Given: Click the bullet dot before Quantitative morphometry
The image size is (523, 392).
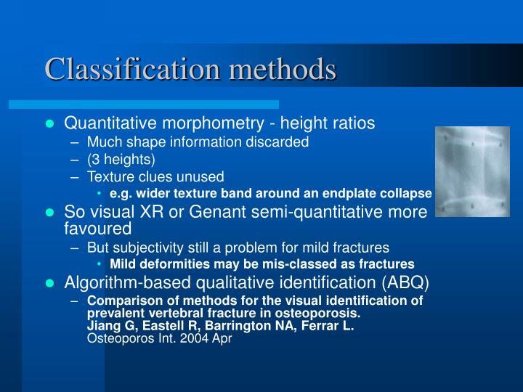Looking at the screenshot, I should pos(50,124).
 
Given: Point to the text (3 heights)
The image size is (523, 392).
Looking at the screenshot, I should pos(121,159).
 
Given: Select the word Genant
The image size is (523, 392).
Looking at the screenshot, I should pos(213,212).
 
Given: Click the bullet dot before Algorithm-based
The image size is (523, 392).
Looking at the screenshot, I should pos(50,282).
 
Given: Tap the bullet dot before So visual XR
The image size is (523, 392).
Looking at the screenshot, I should pos(50,213).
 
